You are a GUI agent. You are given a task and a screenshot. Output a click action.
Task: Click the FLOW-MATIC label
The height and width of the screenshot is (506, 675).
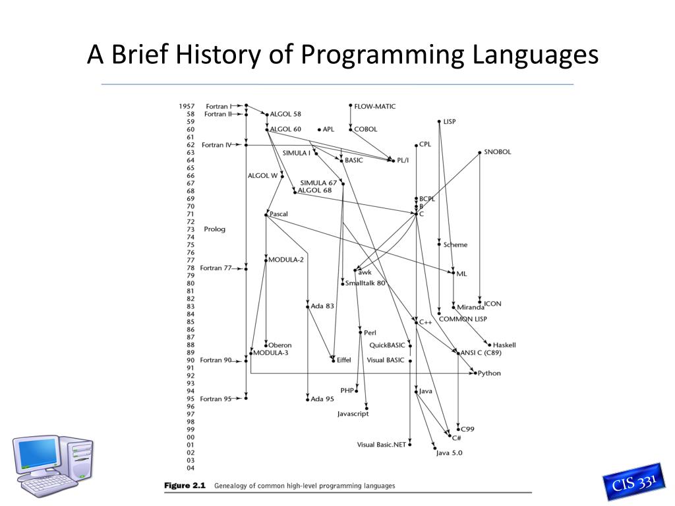pos(375,106)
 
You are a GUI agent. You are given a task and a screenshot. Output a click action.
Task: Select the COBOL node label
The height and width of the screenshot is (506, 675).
pos(366,129)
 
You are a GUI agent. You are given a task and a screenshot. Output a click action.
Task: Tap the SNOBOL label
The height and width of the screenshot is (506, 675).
pos(497,152)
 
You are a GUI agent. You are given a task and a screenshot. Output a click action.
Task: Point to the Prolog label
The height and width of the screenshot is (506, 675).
pos(214,229)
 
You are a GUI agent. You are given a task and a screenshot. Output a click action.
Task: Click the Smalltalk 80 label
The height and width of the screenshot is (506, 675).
pos(365,283)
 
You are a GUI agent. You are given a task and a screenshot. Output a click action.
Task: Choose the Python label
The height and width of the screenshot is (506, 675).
pos(489,373)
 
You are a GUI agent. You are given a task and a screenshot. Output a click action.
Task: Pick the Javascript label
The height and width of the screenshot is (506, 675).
pos(353,414)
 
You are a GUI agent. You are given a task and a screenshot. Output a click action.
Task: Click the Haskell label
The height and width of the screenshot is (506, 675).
pos(504,345)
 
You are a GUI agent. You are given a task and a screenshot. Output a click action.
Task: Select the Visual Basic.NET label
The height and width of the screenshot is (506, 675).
pos(382,445)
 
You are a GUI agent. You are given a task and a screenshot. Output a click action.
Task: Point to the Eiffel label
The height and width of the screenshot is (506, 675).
pos(343,360)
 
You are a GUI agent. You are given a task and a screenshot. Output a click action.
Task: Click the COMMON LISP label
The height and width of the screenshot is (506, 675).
pos(463,319)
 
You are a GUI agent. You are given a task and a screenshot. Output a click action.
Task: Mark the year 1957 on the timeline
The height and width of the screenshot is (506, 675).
pos(186,106)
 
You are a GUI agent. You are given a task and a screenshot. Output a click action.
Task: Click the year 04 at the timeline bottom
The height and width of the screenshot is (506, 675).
pos(190,468)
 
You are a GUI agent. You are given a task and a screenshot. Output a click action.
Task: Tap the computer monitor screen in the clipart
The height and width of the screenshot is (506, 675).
pos(38,454)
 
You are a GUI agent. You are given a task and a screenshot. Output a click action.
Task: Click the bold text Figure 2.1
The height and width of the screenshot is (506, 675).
pos(185,486)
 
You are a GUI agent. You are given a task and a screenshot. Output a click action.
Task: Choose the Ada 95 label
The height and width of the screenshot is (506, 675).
pos(322,399)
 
